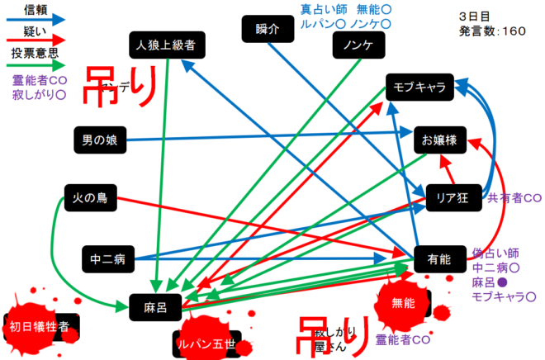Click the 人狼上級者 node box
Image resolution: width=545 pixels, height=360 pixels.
click(167, 44)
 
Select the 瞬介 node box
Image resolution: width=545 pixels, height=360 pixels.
click(263, 29)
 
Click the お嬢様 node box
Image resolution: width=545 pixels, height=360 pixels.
click(439, 140)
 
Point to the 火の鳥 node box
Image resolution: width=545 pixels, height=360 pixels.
click(91, 197)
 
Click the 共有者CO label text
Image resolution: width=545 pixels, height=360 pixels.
click(514, 198)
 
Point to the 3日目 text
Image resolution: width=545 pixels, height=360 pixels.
click(474, 16)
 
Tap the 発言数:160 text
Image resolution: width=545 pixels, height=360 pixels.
click(492, 31)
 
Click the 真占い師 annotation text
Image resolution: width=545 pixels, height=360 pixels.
click(322, 10)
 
